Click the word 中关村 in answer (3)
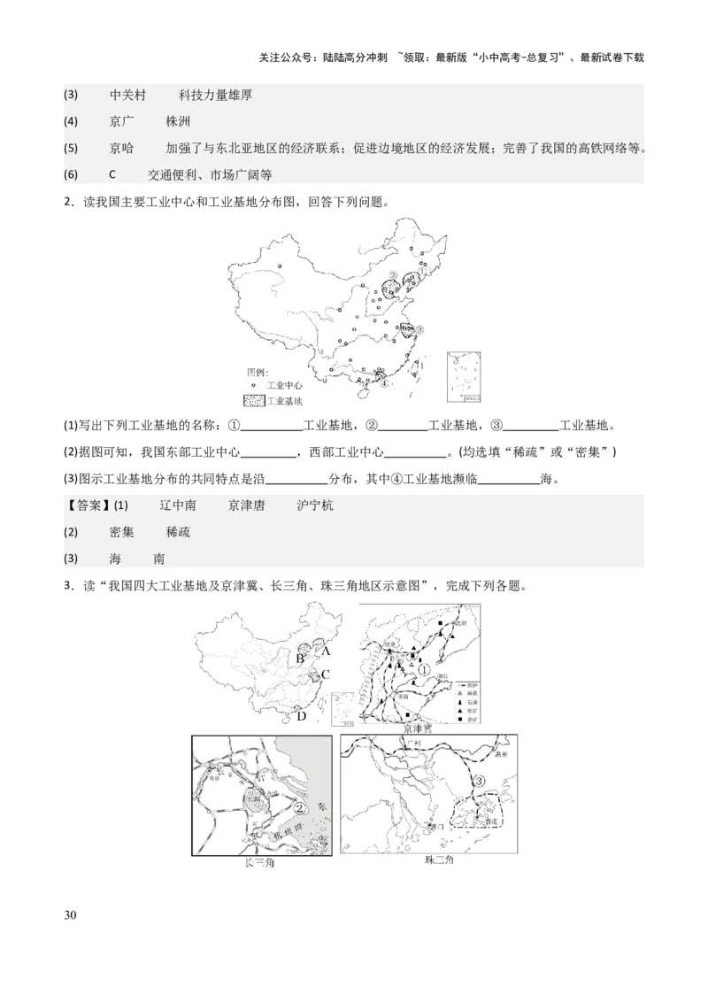coord(128,95)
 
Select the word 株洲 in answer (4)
coord(179,121)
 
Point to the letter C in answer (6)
coord(112,174)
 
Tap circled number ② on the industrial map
coord(393,275)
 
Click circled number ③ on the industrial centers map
coord(420,328)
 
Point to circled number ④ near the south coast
coord(383,383)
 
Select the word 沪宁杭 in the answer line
coord(316,505)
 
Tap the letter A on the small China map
coord(326,651)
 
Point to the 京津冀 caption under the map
coord(417,728)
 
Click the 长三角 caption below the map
coord(260,861)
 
